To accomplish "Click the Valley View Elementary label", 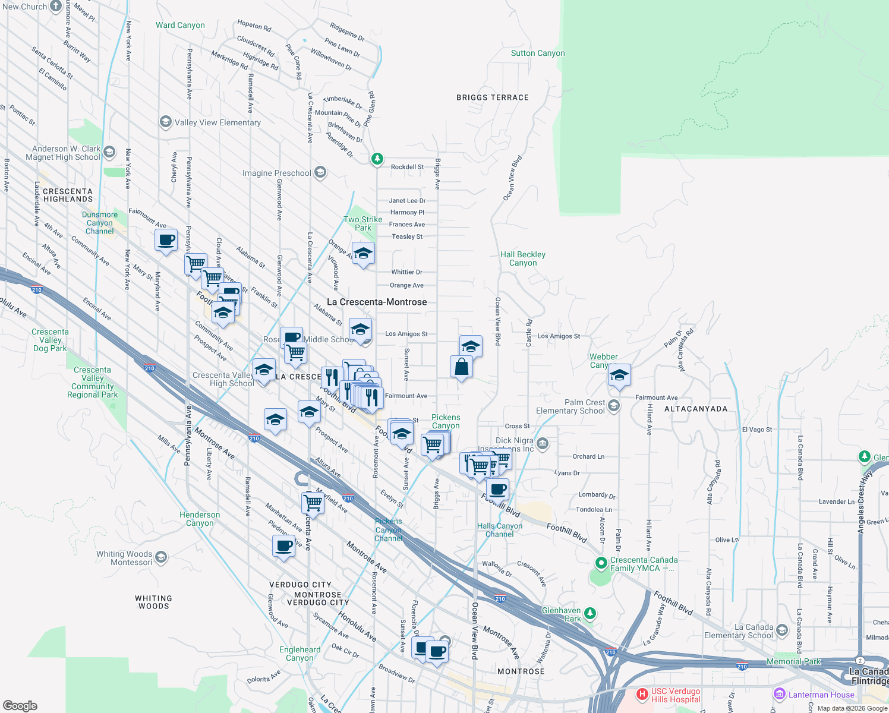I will point(217,122).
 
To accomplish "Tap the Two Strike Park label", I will point(362,223).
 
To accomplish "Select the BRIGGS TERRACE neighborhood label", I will point(492,97).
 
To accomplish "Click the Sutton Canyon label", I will point(538,53).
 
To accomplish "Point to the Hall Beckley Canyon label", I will point(522,258).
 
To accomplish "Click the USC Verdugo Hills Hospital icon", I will point(642,694).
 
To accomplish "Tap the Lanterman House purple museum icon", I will point(779,694).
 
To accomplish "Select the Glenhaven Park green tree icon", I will point(589,613).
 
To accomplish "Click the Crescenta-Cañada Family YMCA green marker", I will point(601,563).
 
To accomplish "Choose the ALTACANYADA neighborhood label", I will point(695,409).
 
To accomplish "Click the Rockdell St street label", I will point(407,167).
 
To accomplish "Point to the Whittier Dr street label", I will point(406,272).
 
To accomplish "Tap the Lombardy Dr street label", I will point(597,495).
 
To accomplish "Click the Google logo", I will point(20,705).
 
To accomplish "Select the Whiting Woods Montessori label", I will point(124,558).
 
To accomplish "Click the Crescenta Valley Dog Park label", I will point(50,340).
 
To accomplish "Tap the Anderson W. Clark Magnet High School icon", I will point(109,152).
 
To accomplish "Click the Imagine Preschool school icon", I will point(320,172).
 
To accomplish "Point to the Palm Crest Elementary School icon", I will point(614,405).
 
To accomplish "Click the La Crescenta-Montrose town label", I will point(377,302).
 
